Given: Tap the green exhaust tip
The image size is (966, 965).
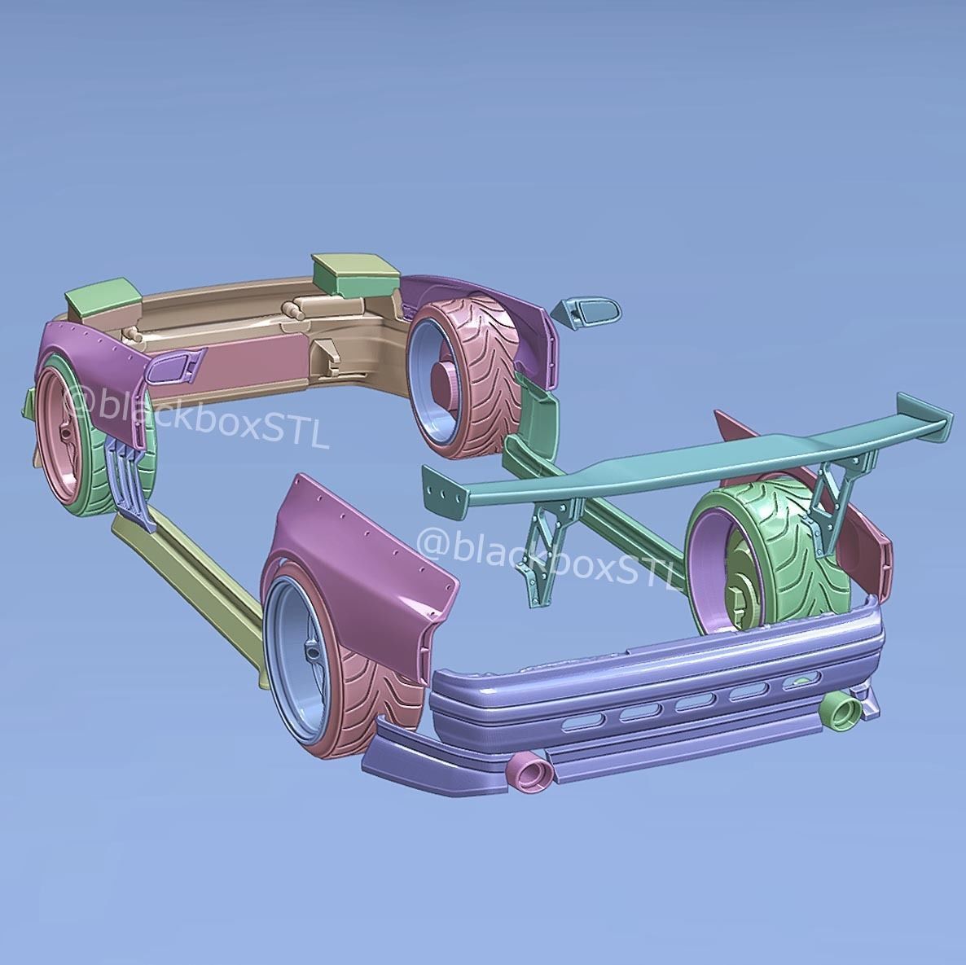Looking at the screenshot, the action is (840, 711).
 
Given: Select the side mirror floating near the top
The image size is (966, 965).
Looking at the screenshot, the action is (587, 313).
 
